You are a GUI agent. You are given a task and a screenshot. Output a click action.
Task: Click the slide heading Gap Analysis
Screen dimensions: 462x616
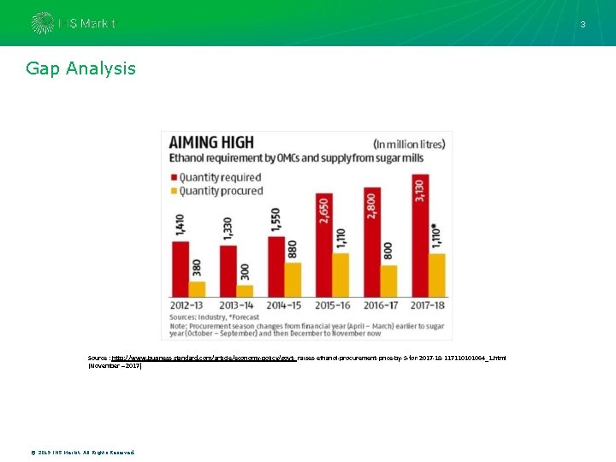[x=80, y=68]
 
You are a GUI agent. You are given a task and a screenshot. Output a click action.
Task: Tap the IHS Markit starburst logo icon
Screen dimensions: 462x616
[x=42, y=23]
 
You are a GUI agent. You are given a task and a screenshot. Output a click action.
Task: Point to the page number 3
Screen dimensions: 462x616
[x=583, y=25]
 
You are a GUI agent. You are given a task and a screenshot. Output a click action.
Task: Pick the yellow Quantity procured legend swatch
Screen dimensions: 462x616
[x=175, y=190]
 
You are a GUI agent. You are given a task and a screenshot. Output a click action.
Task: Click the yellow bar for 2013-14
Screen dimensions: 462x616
[x=245, y=290]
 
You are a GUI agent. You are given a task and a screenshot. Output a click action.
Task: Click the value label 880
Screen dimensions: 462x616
[x=292, y=248]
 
